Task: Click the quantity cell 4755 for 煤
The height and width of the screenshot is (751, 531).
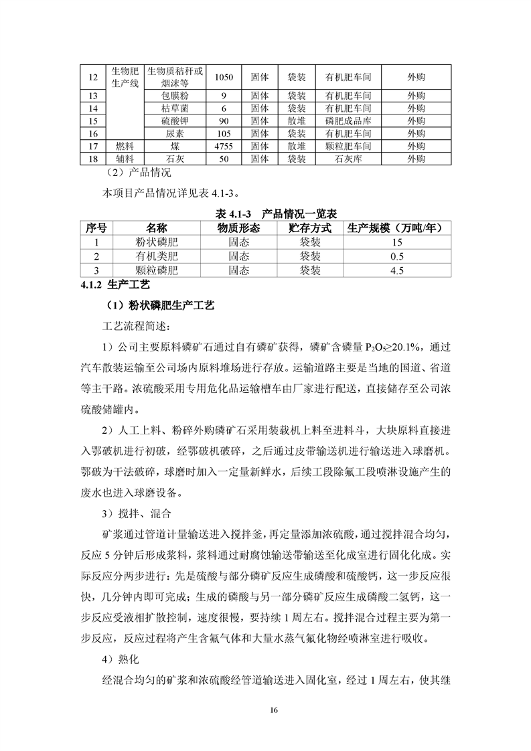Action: point(224,146)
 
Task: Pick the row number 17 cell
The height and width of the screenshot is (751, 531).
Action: point(93,146)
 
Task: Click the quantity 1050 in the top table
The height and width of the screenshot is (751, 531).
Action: point(224,77)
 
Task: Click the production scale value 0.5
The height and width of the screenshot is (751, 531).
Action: point(397,256)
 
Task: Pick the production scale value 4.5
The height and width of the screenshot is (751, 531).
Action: point(397,270)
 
